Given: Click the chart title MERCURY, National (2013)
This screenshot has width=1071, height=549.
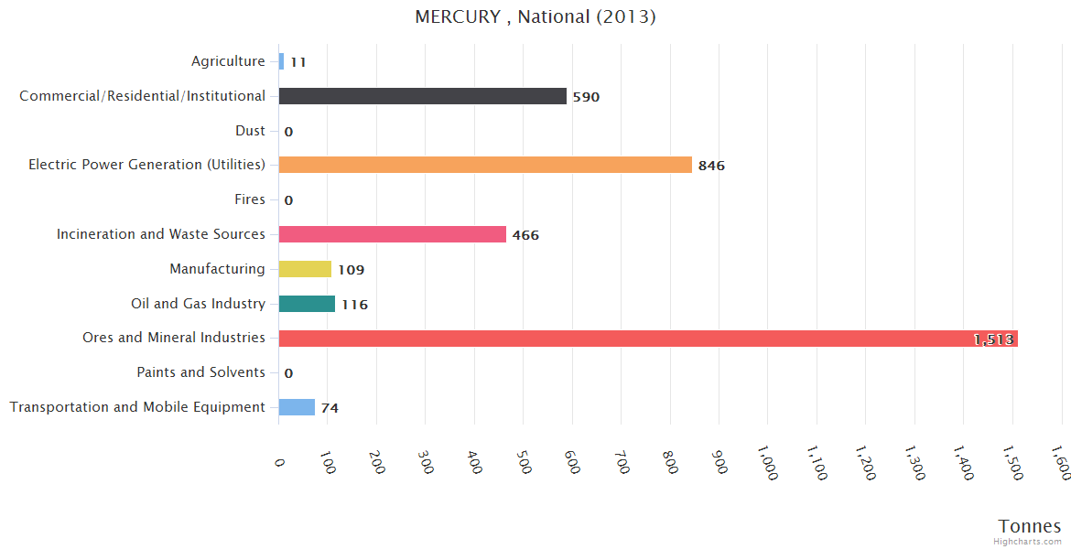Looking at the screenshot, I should pos(535,16).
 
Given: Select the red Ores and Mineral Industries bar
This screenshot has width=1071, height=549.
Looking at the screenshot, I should pos(648,339).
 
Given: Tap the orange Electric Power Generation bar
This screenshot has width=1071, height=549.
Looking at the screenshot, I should pos(485,165).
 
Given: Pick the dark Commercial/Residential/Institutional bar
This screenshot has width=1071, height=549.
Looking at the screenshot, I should pos(423,96).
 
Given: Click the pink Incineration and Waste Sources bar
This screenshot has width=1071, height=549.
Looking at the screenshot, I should pos(393,234).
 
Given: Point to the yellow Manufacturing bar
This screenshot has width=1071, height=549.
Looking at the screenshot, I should pos(305,269).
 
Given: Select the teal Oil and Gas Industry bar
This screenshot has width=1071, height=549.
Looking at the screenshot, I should pos(307,304).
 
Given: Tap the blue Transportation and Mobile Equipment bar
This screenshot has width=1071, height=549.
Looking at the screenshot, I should pos(297,407).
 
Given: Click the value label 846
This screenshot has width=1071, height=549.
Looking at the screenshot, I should pos(711,166).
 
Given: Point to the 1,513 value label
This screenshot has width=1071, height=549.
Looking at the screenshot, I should pos(993,339).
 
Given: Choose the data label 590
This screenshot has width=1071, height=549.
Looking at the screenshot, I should pos(586,97).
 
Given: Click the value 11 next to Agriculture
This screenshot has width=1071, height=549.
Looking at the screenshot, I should pos(297,62).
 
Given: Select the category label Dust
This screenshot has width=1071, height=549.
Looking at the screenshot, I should pos(250,131).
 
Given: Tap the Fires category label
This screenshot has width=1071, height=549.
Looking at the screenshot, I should pos(250,199).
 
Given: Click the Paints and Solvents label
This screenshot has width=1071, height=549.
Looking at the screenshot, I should pos(201,372).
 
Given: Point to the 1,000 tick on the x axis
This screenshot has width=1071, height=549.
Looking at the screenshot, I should pos(767,462).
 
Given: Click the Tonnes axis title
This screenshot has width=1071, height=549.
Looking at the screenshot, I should pos(1030,526).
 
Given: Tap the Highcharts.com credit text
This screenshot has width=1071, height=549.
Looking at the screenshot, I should pos(1028,542).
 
